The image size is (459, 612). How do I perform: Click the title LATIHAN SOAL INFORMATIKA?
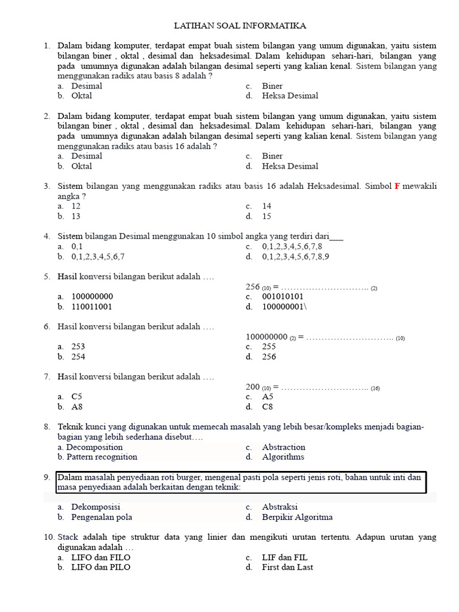pos(240,26)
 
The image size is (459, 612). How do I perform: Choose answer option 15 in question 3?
pos(267,216)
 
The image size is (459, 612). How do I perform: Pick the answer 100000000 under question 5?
pos(92,296)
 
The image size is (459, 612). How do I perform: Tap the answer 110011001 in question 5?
pos(91,307)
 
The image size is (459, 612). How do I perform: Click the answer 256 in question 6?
pos(269,357)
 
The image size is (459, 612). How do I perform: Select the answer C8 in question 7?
pos(267,407)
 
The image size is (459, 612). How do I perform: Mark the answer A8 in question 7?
pos(76,407)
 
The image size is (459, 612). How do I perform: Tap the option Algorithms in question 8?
pos(283,457)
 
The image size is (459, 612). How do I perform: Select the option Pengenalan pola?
pos(102,517)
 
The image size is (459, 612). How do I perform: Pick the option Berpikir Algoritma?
pos(297,517)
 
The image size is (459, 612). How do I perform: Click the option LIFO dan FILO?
pos(100,557)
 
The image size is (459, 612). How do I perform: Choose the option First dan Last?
pos(287,567)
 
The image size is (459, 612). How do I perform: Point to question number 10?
pos(49,537)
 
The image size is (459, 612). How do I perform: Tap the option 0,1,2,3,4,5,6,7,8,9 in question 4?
pos(295,256)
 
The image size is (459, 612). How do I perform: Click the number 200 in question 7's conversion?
pos(253,387)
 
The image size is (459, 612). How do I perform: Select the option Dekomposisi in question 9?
pos(96,507)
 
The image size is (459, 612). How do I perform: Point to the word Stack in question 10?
pos(69,537)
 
